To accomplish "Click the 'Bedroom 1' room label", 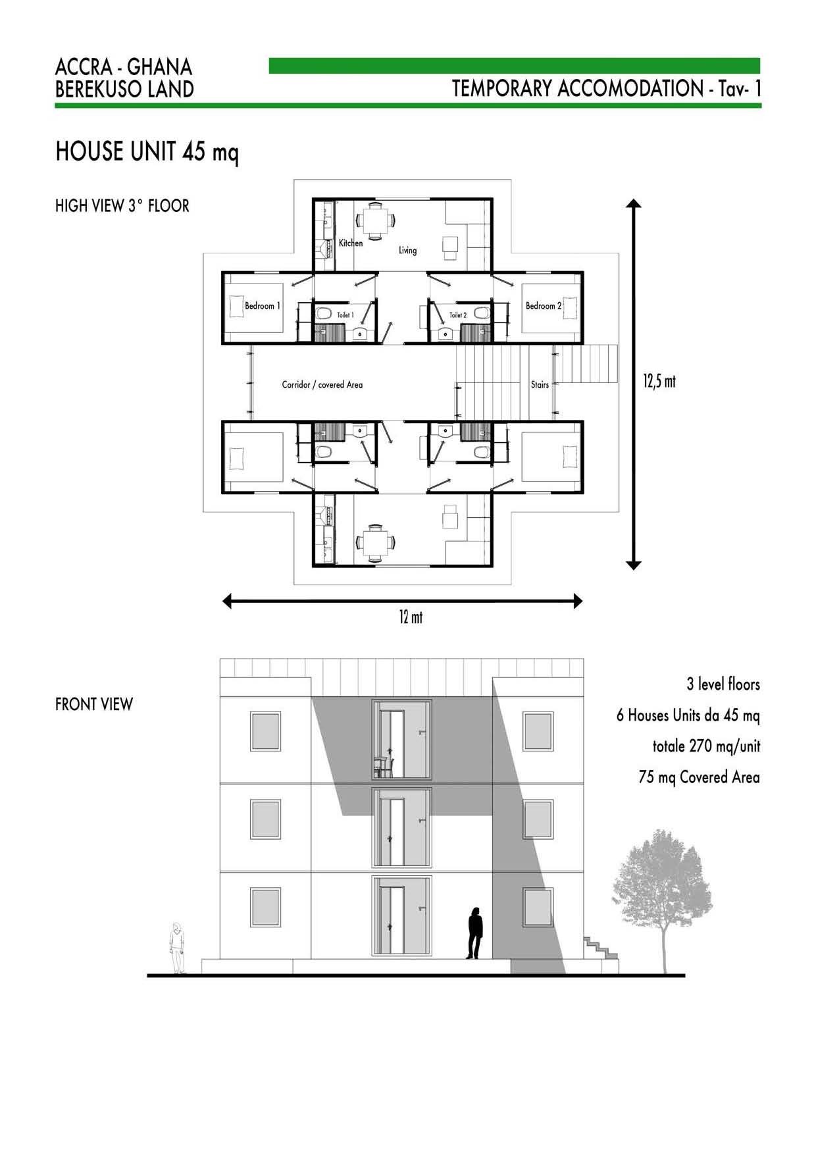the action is [x=263, y=306].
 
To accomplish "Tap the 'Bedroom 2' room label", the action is [x=544, y=306].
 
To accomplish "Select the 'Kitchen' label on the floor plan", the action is [x=351, y=243].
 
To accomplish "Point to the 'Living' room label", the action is [x=407, y=250].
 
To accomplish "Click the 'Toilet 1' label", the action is [x=345, y=315].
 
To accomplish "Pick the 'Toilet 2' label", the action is [x=458, y=315].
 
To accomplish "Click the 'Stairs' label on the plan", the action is [x=540, y=384].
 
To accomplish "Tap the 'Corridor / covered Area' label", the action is [x=322, y=384].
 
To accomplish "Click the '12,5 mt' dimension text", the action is [x=659, y=381].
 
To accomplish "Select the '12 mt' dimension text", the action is [x=411, y=617].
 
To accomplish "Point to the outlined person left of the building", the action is [x=177, y=948].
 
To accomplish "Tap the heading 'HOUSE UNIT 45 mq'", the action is [x=147, y=152].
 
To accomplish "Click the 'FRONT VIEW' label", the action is [x=94, y=704].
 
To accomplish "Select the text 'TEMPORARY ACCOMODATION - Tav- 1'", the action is [x=606, y=88].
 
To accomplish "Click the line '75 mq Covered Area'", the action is [x=699, y=777].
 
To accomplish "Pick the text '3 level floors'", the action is [x=723, y=684].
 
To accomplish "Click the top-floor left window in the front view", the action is [x=265, y=731].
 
